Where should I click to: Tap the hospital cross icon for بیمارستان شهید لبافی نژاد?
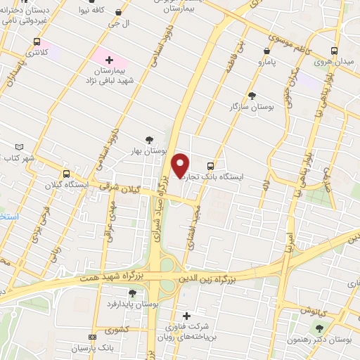pyautogui.click(x=109, y=60)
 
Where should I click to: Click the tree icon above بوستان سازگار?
pyautogui.click(x=252, y=96)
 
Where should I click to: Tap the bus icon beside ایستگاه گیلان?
pyautogui.click(x=66, y=174)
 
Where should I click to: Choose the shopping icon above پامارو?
pyautogui.click(x=266, y=51)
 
